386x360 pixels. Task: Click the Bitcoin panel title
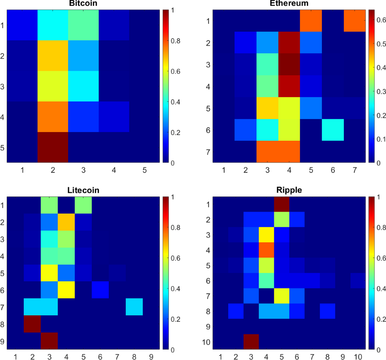[x=83, y=4]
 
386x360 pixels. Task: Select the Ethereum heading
[x=289, y=4]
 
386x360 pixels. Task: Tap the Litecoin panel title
[x=83, y=190]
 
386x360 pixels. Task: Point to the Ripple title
[x=289, y=190]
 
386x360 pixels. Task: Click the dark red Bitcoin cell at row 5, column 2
[x=53, y=147]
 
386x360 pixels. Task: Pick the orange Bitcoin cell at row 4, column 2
[x=53, y=117]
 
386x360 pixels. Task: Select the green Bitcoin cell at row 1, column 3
[x=83, y=25]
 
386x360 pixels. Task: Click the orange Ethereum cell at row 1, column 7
[x=354, y=21]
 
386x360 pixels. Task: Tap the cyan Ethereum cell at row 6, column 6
[x=333, y=130]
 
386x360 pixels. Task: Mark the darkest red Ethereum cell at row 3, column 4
[x=289, y=64]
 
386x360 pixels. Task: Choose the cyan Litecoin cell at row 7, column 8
[x=134, y=307]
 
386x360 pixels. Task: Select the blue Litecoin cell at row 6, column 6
[x=100, y=290]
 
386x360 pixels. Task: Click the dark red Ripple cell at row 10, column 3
[x=251, y=342]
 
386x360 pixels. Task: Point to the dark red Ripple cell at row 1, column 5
[x=281, y=204]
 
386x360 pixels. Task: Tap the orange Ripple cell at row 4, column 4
[x=266, y=250]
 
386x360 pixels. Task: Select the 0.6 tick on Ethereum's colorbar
[x=381, y=20]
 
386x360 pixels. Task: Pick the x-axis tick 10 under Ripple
[x=358, y=356]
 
